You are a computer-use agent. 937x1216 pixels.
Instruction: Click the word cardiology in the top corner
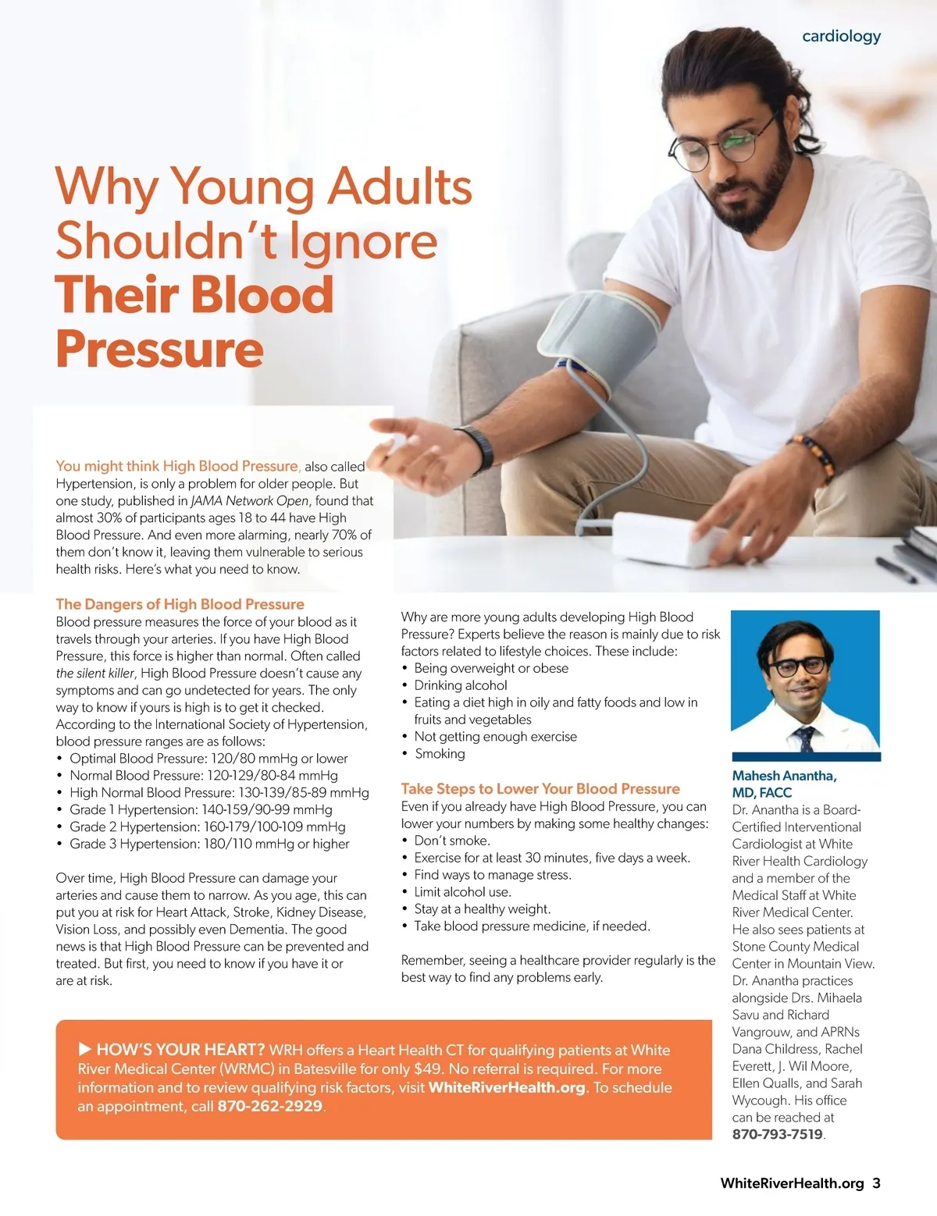(x=841, y=36)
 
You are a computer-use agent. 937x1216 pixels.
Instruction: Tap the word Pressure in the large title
(x=159, y=349)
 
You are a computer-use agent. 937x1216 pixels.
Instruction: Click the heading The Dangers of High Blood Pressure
(x=180, y=604)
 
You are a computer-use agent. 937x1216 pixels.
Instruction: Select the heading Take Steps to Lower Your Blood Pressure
(x=540, y=788)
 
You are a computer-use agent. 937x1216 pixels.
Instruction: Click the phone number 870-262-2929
(x=269, y=1106)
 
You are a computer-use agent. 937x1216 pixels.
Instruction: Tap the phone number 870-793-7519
(x=777, y=1134)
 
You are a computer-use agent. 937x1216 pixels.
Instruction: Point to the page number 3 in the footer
(x=876, y=1183)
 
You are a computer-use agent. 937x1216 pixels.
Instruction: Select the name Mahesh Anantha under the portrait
(x=784, y=776)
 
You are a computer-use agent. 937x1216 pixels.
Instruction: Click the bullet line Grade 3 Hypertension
(x=209, y=844)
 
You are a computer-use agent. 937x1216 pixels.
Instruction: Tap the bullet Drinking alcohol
(x=461, y=685)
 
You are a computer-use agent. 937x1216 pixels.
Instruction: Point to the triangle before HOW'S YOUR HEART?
(x=85, y=1049)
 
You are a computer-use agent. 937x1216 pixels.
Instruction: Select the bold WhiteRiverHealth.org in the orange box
(x=507, y=1087)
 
